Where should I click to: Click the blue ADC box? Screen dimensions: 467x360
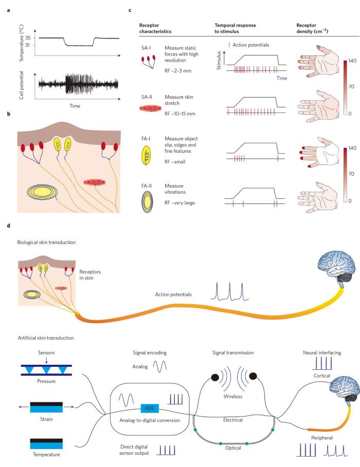coord(149,408)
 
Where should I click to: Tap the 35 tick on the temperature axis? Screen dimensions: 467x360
coord(28,38)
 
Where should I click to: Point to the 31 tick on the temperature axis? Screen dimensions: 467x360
coord(28,46)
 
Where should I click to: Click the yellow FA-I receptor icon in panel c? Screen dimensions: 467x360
coord(145,153)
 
